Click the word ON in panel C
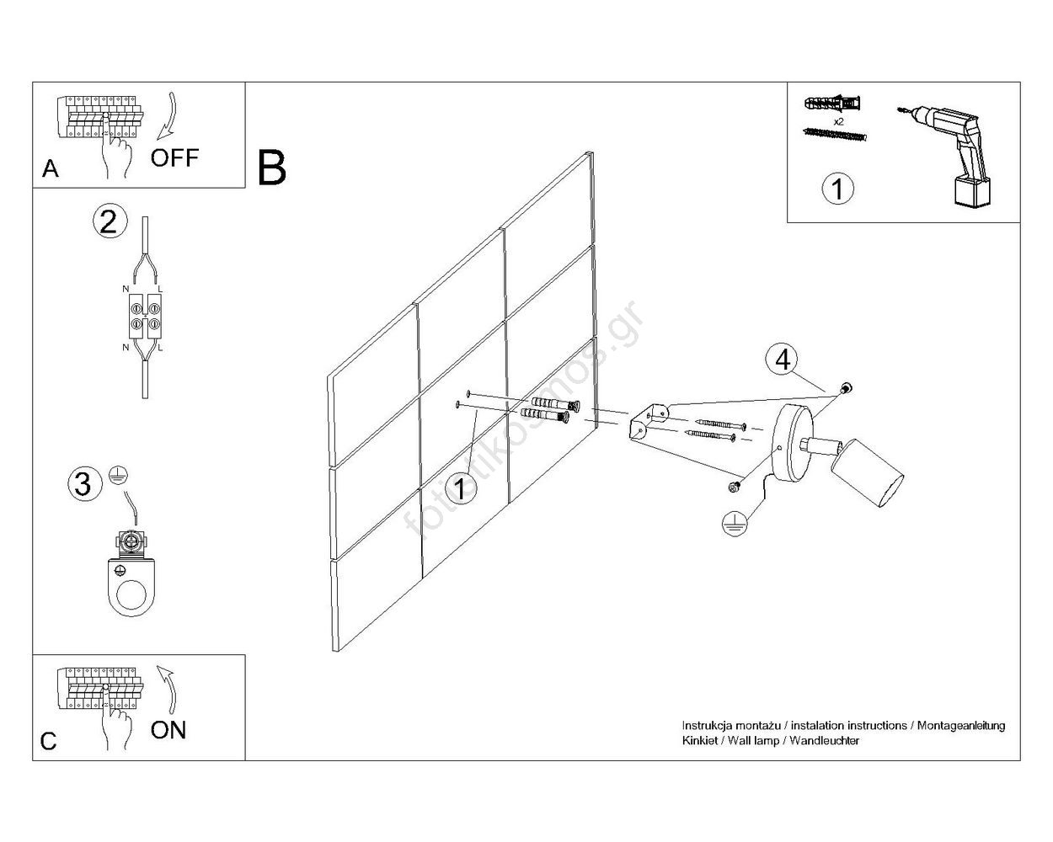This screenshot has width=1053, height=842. coord(168,729)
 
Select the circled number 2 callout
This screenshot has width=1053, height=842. coord(109,221)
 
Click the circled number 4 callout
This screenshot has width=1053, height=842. coord(783,360)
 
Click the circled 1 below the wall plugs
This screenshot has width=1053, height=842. coord(837,189)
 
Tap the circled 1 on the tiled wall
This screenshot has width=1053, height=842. coord(460,488)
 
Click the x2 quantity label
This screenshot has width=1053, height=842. coord(838,121)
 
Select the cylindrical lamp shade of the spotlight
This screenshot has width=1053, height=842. coord(869,476)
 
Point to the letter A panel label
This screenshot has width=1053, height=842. coord(51,169)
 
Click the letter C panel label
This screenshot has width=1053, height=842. coord(49,741)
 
